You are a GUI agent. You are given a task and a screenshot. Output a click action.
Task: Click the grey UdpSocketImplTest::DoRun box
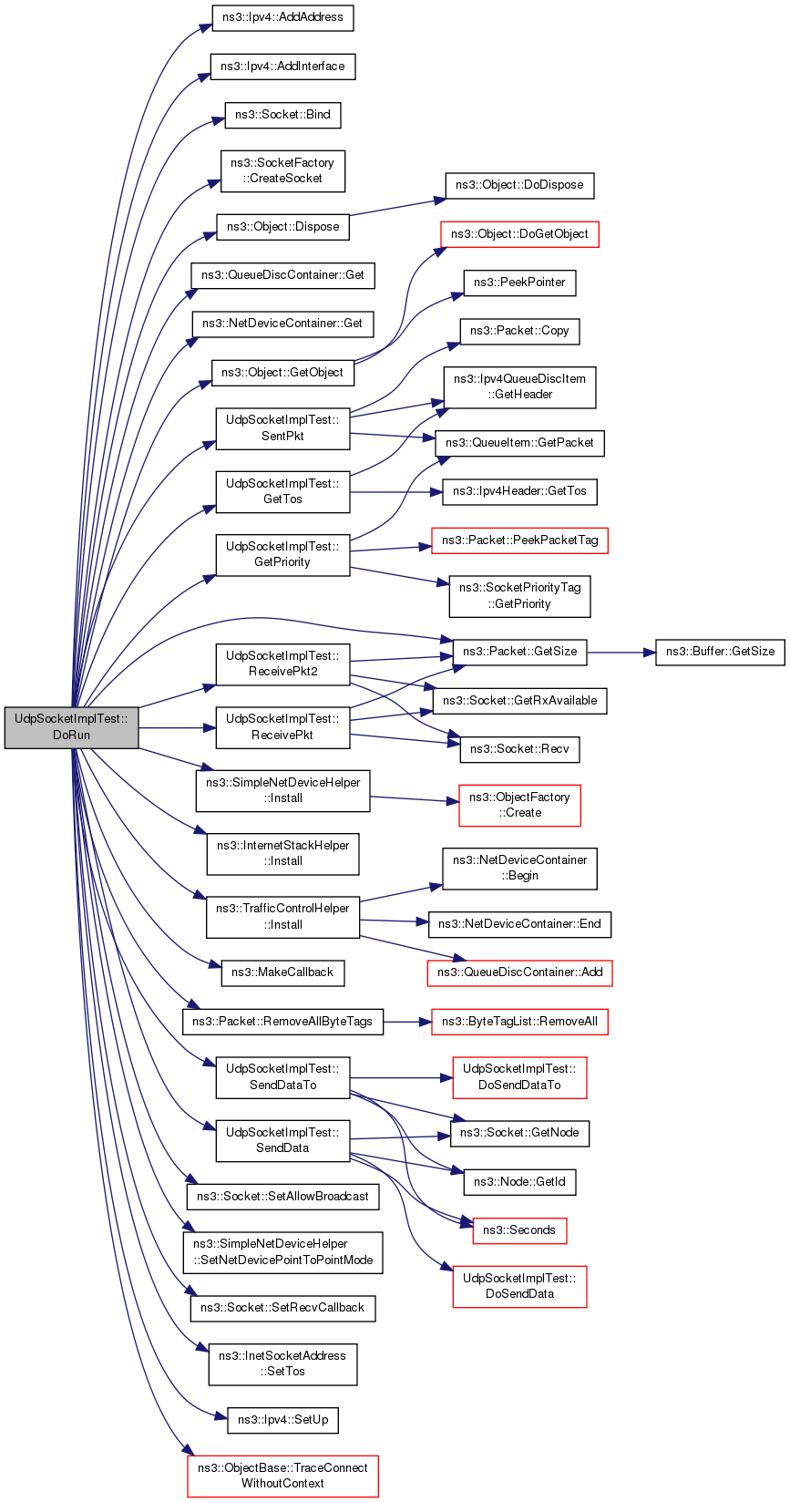(x=72, y=727)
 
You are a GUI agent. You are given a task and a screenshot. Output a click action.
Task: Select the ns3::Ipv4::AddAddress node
(x=282, y=17)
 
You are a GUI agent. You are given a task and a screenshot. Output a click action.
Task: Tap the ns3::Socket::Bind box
(x=282, y=115)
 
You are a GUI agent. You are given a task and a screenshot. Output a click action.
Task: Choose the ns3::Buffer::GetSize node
(x=720, y=652)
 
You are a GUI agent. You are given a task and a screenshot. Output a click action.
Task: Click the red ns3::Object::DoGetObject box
(x=519, y=234)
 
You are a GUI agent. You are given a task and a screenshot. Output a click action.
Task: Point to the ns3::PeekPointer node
(x=519, y=283)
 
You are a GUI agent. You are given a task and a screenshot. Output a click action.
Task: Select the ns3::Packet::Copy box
(x=519, y=331)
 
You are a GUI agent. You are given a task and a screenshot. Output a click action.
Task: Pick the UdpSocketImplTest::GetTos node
(x=282, y=491)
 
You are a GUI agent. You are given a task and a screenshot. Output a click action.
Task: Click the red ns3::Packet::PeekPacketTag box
(x=519, y=540)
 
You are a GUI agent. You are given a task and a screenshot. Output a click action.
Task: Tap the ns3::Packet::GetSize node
(x=519, y=652)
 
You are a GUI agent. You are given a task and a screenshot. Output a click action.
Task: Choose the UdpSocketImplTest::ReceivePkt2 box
(x=282, y=664)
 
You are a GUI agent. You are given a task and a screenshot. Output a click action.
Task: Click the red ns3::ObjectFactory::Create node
(x=519, y=806)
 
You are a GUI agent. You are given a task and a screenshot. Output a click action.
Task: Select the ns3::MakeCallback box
(x=282, y=972)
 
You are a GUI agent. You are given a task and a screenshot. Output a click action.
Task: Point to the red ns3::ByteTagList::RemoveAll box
(x=519, y=1022)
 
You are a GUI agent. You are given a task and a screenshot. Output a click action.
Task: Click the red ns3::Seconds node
(x=519, y=1230)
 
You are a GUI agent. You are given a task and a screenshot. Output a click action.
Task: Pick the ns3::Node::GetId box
(x=519, y=1181)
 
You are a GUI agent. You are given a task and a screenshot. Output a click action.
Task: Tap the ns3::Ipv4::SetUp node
(x=282, y=1420)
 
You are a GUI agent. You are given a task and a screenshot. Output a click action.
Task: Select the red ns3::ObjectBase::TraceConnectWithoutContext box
(x=282, y=1476)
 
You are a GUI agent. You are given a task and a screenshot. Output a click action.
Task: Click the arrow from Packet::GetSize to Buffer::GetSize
(x=621, y=652)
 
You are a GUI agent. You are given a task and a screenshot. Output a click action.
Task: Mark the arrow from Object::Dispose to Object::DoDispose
(x=397, y=207)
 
